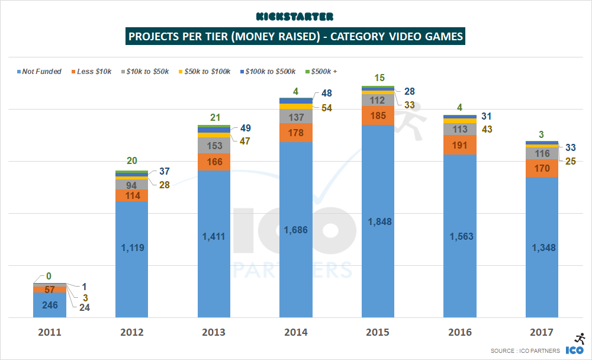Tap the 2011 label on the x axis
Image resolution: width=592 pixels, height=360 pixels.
(50, 332)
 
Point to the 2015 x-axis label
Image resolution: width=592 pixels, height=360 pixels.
(378, 332)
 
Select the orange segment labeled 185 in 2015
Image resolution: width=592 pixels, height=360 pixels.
(378, 116)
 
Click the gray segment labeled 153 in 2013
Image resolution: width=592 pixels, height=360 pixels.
(214, 146)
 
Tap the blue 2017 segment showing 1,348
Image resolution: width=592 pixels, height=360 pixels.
(542, 247)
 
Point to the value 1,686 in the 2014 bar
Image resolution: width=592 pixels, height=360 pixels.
(295, 230)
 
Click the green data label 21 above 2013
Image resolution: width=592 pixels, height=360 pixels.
(214, 116)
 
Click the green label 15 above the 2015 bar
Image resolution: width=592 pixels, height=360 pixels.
(378, 78)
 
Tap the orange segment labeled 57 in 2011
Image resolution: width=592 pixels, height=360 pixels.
(50, 290)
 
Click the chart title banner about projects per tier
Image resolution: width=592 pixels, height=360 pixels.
(295, 37)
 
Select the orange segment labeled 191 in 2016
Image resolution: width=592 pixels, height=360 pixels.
(459, 144)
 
